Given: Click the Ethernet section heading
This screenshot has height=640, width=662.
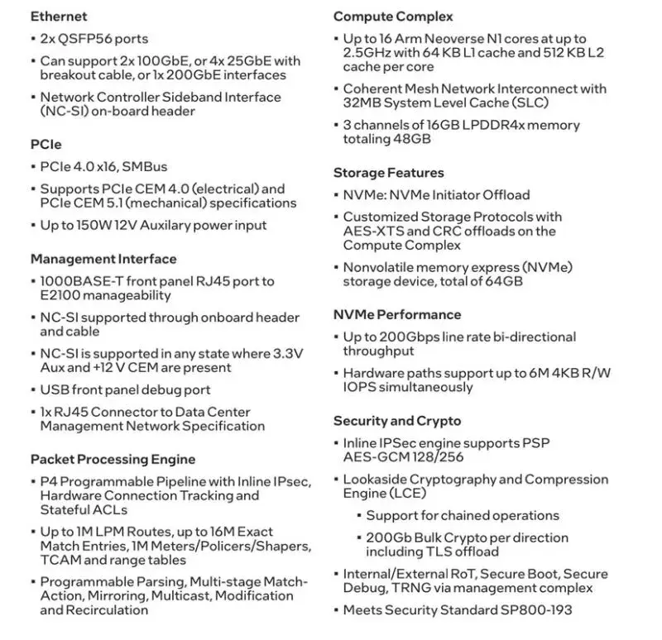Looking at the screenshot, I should (59, 17).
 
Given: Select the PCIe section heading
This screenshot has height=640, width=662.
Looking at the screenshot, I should (46, 144).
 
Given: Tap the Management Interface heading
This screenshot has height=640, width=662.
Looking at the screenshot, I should (103, 259).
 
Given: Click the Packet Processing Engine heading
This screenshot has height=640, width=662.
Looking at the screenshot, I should (113, 459).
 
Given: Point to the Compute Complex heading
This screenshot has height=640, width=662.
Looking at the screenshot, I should (393, 17).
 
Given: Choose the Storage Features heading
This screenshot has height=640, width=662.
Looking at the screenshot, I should (389, 173).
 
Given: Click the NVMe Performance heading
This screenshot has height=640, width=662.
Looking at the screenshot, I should (397, 314).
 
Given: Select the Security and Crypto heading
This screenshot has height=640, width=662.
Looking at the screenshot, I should (397, 421).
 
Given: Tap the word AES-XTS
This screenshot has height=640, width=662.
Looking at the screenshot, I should (372, 231).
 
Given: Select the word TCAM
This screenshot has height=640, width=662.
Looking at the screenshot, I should (60, 560).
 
